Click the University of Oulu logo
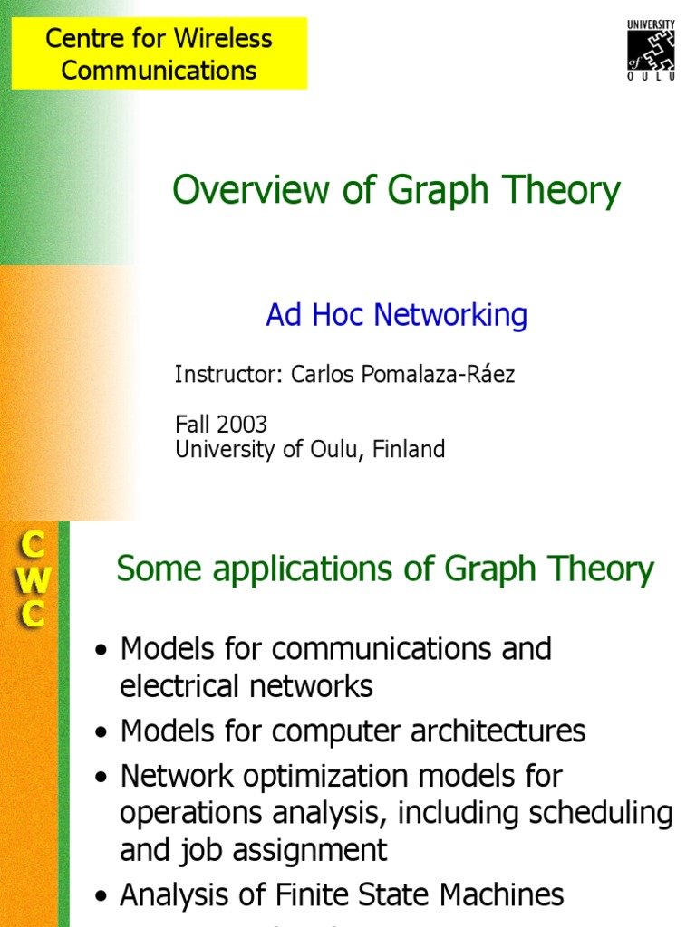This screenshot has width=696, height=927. [652, 50]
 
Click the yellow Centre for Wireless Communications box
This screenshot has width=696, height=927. [159, 54]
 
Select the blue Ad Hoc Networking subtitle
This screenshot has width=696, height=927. [396, 315]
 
